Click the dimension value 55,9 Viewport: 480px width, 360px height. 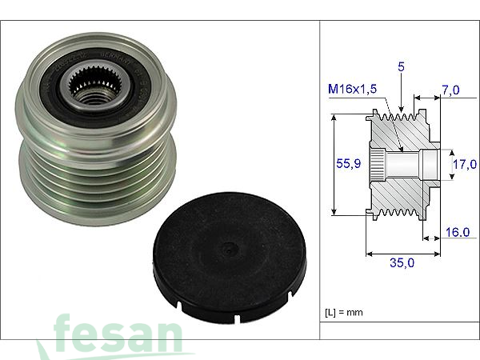tap(346, 163)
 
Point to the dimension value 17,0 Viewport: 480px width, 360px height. tap(466, 165)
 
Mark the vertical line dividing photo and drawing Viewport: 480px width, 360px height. tap(320, 180)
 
